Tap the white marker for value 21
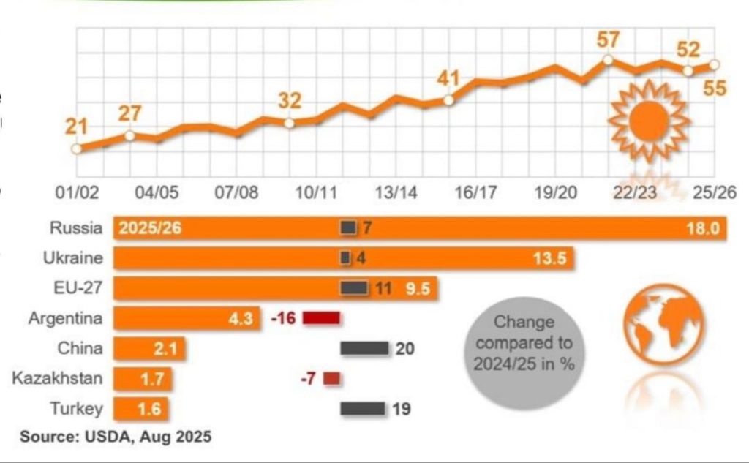pos(76,149)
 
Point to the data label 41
pos(450,78)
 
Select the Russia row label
pos(76,228)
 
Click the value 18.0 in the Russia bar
pos(705,228)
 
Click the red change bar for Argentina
pos(321,318)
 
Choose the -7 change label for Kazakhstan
pos(307,378)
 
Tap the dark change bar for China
pos(364,348)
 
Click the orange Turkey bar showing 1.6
pos(142,408)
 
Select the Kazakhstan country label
pos(57,378)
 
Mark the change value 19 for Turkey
pos(401,408)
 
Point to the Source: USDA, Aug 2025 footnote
pos(116,437)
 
